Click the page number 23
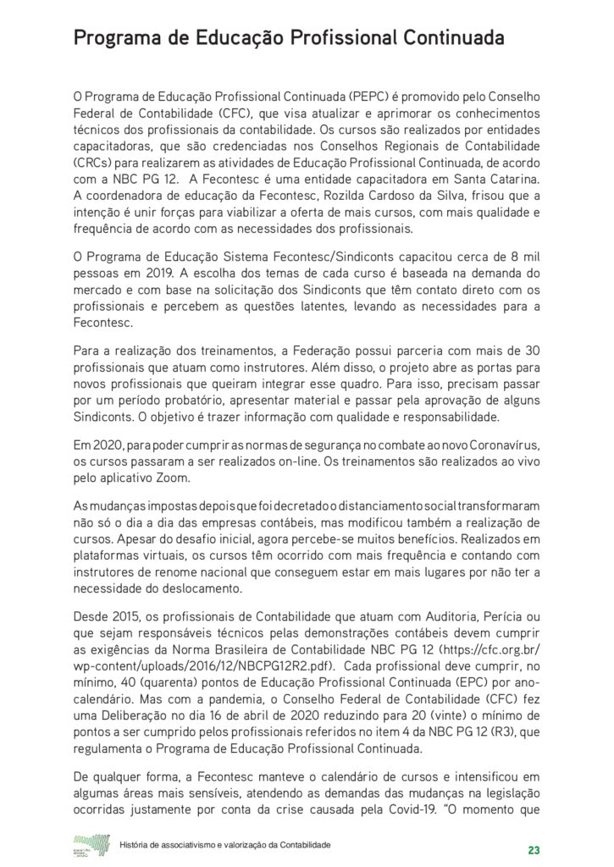point(533,849)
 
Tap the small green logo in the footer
point(91,844)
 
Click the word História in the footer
point(140,845)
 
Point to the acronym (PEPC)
point(341,97)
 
